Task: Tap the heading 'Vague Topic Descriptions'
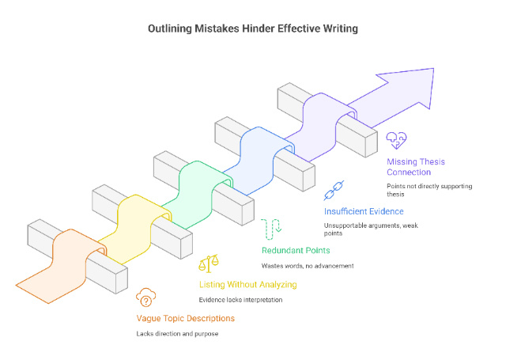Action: (186, 318)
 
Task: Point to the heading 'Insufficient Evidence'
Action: (364, 211)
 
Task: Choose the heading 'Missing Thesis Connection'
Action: (416, 167)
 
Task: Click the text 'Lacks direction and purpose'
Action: (178, 333)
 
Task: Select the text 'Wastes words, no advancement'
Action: (308, 265)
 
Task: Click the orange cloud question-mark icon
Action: (145, 297)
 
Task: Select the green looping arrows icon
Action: (272, 227)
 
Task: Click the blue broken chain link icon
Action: (334, 191)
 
